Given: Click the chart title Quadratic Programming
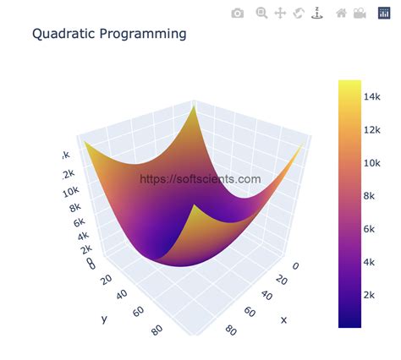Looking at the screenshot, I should (x=109, y=35).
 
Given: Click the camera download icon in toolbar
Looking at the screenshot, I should (x=238, y=13).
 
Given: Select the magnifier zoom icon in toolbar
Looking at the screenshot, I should (x=261, y=13).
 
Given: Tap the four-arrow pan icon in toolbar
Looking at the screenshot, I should (x=280, y=13).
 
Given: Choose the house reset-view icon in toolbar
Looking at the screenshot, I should (x=342, y=13).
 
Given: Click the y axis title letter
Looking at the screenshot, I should (x=104, y=319).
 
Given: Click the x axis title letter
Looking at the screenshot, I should (x=283, y=319).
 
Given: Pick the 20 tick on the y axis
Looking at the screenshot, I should (x=106, y=279).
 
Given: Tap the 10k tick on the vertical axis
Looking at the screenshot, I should (x=71, y=194).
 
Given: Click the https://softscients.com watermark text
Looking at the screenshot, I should (x=200, y=179).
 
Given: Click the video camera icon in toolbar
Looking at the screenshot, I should (x=360, y=13).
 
